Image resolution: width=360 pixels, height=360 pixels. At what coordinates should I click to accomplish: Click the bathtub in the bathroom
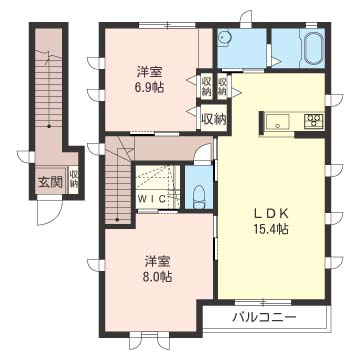pyautogui.click(x=313, y=48)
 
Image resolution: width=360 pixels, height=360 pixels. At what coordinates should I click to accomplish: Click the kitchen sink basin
pyautogui.click(x=277, y=122)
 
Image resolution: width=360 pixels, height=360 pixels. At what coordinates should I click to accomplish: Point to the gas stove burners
pyautogui.click(x=313, y=122)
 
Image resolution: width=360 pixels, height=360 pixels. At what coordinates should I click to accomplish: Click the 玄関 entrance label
pyautogui.click(x=50, y=182)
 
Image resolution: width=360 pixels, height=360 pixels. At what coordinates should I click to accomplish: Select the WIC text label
pyautogui.click(x=154, y=197)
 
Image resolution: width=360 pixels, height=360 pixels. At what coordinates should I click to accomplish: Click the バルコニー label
pyautogui.click(x=264, y=317)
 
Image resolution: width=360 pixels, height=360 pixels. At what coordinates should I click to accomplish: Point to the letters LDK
pyautogui.click(x=269, y=211)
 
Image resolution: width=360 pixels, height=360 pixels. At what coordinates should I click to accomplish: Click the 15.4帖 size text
pyautogui.click(x=269, y=229)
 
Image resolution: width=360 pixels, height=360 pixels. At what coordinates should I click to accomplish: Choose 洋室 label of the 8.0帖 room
pyautogui.click(x=155, y=256)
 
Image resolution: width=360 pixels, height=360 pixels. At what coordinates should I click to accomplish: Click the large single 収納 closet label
pyautogui.click(x=213, y=118)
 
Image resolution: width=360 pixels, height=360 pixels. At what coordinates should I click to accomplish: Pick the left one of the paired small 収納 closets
pyautogui.click(x=206, y=86)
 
